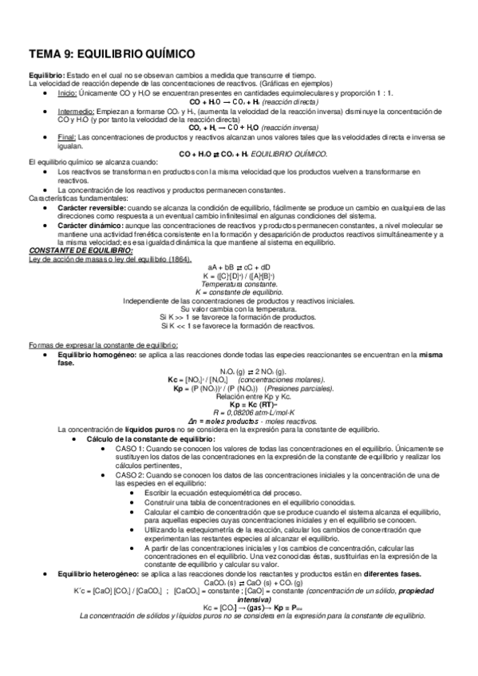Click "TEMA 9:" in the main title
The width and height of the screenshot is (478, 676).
[x=53, y=53]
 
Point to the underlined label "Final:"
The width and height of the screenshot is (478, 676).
[x=66, y=137]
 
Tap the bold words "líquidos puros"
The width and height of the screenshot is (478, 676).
[x=148, y=430]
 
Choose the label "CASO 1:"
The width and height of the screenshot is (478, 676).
[x=131, y=449]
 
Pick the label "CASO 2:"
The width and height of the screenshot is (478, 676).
[x=131, y=475]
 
